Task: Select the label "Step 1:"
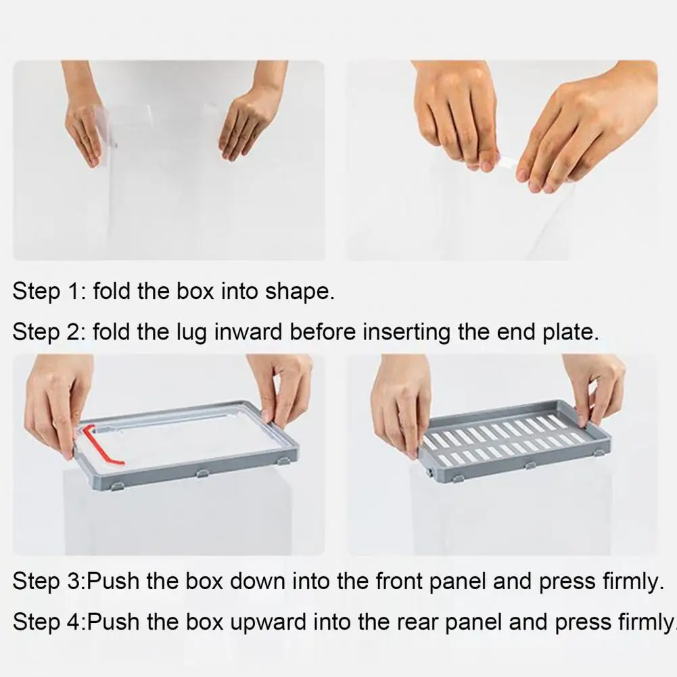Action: pos(49,292)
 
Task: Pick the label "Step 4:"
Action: pos(49,623)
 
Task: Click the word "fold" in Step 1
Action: pos(112,291)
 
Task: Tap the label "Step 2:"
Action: pos(49,333)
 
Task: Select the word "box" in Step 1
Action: pos(195,291)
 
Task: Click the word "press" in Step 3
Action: pos(567,582)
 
